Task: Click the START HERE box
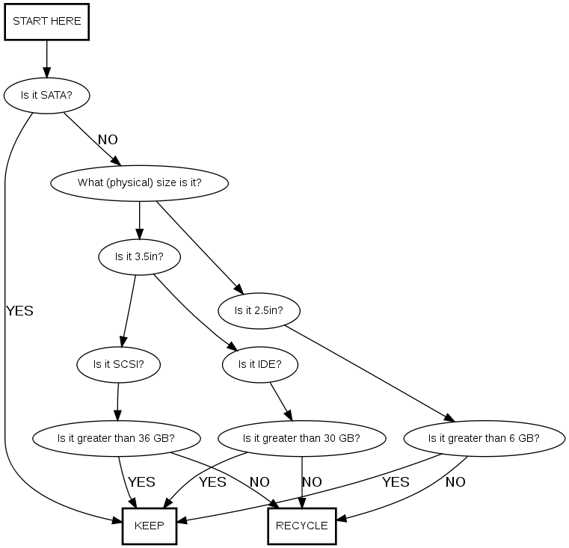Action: pos(47,22)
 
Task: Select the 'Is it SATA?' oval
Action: pos(46,95)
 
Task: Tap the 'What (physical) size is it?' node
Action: pos(139,182)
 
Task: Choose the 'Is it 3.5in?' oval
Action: pos(139,256)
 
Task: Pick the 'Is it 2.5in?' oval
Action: pos(258,310)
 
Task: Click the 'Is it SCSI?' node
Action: pos(118,365)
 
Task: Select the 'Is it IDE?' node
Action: pos(259,365)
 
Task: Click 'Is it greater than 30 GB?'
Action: pos(301,438)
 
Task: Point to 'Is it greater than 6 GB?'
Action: pos(484,438)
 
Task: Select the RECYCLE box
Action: pos(301,526)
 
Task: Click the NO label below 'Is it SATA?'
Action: pos(108,140)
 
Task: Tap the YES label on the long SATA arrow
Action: pos(20,311)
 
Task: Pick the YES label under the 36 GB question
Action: pos(141,482)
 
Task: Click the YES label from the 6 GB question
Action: pos(396,482)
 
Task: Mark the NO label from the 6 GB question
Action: pos(455,482)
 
